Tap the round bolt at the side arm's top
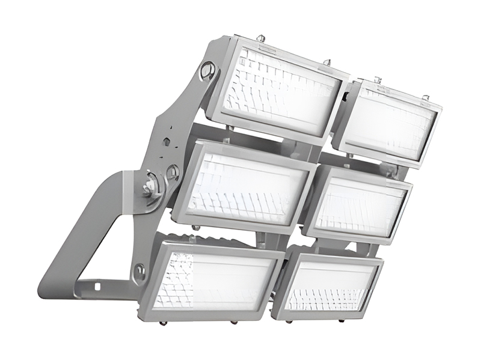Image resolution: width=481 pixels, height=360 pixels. pos(206,70)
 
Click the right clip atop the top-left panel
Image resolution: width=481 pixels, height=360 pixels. pos(328,62)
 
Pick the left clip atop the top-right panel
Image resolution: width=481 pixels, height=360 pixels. pos(378,80)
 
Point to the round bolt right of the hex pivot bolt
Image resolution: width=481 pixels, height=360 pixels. pos(173,173)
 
